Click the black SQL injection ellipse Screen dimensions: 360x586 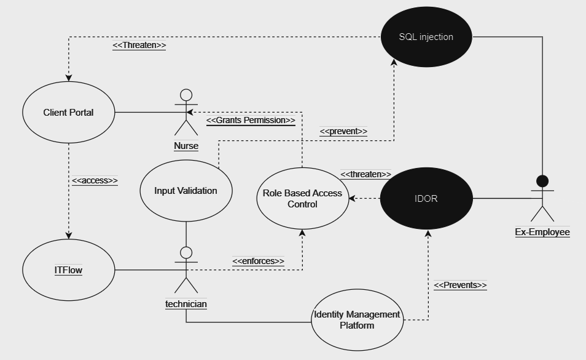click(x=426, y=37)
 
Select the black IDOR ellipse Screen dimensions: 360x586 click(x=426, y=199)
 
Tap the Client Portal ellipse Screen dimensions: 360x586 click(x=68, y=113)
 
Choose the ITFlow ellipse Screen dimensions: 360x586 click(x=68, y=270)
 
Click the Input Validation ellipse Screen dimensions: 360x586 click(x=186, y=191)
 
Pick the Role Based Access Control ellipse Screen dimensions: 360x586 click(x=302, y=198)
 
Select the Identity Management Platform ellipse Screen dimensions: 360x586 click(x=357, y=320)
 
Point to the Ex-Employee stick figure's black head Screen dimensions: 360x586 click(x=542, y=182)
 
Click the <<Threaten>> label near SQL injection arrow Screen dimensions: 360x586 click(x=139, y=45)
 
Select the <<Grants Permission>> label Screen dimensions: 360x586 click(x=251, y=120)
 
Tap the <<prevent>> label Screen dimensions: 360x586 click(x=343, y=131)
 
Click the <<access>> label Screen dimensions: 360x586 click(x=95, y=180)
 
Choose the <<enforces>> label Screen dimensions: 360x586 click(x=258, y=261)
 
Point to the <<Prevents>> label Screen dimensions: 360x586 click(x=460, y=285)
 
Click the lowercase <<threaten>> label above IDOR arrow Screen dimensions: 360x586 click(x=365, y=174)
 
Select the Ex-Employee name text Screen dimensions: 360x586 click(x=542, y=232)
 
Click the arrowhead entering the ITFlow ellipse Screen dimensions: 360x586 click(x=69, y=236)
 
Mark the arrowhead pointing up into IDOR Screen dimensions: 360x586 click(x=428, y=233)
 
